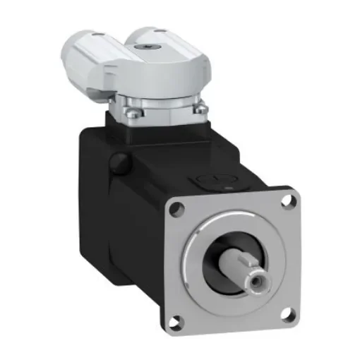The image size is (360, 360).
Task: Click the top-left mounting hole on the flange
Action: pos(178,208)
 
